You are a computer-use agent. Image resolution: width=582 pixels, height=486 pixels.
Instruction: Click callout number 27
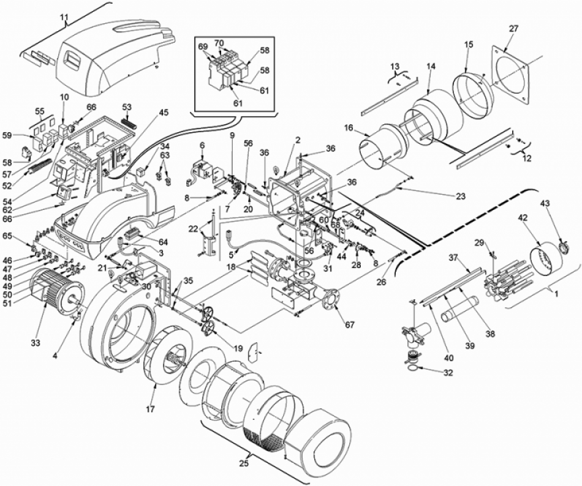coord(514,29)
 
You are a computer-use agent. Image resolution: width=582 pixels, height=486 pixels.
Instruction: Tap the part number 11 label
coord(64,17)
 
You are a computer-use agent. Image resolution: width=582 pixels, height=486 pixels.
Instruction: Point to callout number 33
coord(36,343)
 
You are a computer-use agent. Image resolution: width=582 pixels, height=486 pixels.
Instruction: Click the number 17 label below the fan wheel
coord(150,409)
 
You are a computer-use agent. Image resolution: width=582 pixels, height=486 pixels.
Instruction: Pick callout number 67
coord(350,325)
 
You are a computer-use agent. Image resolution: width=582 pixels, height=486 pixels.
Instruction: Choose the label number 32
coord(448,373)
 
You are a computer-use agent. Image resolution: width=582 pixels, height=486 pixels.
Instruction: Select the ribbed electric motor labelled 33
coord(56,291)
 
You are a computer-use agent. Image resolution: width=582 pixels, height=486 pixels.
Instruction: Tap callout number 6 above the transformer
coord(202,145)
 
